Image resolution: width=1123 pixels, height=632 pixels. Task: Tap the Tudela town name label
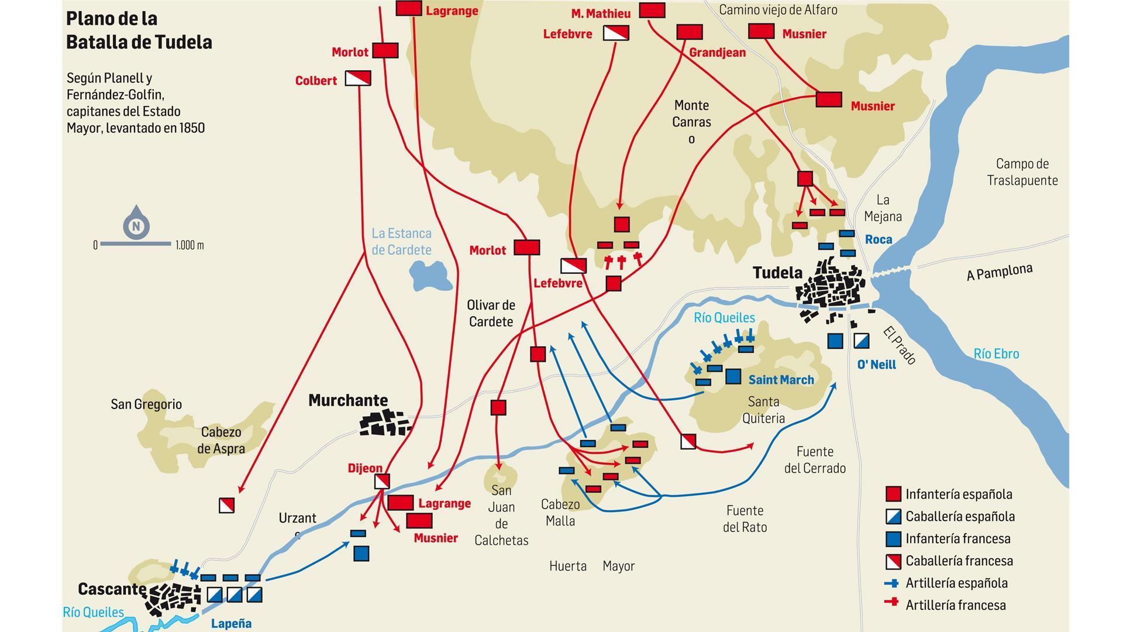click(777, 273)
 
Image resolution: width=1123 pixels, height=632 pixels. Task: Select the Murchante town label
click(348, 400)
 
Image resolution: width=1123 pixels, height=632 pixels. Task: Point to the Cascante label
click(112, 589)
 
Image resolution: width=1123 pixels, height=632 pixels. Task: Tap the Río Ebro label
click(996, 353)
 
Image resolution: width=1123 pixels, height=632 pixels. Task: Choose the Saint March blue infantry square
click(733, 376)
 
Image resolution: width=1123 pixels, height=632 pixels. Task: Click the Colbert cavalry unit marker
click(358, 78)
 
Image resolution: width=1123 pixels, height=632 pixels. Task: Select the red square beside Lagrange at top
click(409, 8)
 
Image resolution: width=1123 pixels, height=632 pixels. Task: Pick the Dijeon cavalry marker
click(381, 481)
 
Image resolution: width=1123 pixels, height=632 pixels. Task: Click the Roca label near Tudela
click(879, 239)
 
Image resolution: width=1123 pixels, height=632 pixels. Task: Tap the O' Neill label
click(876, 365)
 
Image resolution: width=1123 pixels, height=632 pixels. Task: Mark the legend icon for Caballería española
click(893, 516)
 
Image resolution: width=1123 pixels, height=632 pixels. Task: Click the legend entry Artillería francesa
click(955, 605)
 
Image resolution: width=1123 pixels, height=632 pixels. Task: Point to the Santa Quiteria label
click(763, 410)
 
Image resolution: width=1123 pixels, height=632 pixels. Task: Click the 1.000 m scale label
click(190, 245)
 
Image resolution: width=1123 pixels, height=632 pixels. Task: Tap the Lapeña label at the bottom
click(231, 623)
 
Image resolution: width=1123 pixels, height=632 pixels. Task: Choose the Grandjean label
click(717, 53)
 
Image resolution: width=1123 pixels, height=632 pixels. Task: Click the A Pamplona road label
click(999, 272)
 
